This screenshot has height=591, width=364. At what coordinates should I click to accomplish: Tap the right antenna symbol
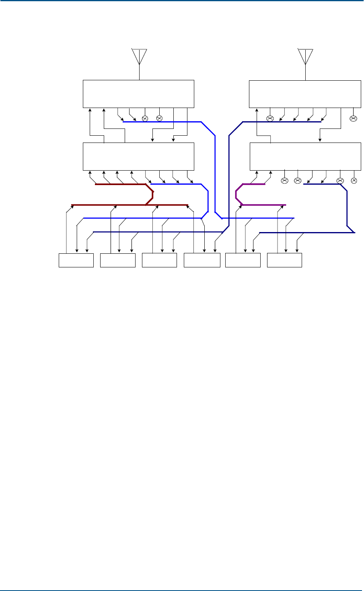[x=305, y=56]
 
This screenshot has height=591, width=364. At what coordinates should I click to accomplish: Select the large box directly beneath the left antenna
[x=138, y=94]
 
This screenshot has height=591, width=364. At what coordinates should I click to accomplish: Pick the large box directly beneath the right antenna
[x=304, y=94]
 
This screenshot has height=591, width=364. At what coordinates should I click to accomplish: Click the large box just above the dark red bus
[x=138, y=156]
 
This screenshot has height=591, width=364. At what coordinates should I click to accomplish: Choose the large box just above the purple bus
[x=305, y=156]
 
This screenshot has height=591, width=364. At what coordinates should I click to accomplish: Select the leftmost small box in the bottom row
[x=76, y=260]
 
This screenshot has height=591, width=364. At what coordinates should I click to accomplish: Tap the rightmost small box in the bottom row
[x=285, y=260]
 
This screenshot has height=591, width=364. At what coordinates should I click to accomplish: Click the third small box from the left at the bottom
[x=159, y=260]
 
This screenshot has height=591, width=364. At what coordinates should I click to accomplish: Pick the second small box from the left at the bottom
[x=117, y=260]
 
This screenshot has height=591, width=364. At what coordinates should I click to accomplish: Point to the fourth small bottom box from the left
[x=202, y=260]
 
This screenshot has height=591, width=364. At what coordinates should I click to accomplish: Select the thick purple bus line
[x=261, y=205]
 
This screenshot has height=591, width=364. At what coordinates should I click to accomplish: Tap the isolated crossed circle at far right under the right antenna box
[x=353, y=118]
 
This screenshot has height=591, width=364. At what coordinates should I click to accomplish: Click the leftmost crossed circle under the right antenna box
[x=270, y=118]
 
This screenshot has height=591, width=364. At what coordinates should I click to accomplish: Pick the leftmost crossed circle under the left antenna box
[x=145, y=118]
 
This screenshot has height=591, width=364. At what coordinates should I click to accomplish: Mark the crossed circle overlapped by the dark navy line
[x=340, y=181]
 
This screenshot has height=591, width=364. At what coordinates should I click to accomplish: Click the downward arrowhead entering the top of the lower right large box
[x=320, y=140]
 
